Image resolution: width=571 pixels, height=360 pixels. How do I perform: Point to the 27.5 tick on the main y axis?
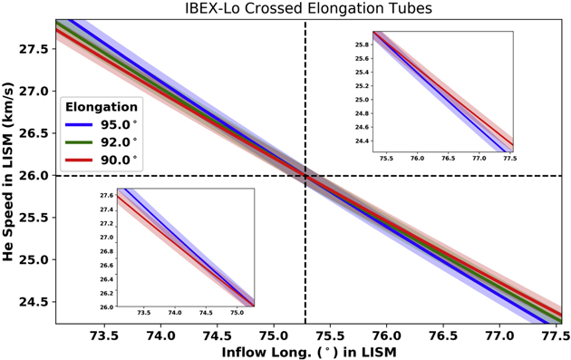[34, 49]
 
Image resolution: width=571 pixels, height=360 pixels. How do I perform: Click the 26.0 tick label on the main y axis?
[34, 175]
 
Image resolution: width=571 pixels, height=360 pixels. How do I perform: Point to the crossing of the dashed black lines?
[305, 175]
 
